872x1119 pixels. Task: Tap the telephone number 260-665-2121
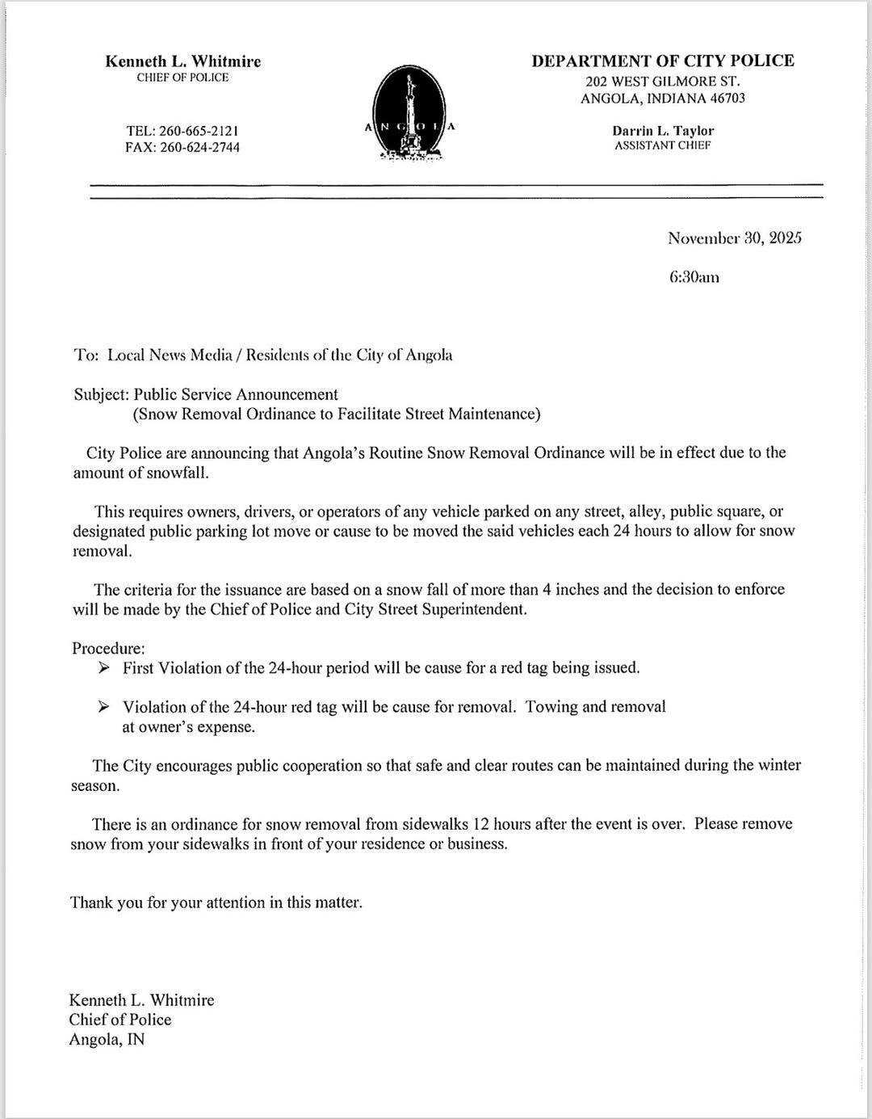(199, 130)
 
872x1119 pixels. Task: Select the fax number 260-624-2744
(199, 147)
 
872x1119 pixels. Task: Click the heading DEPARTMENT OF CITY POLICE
(662, 61)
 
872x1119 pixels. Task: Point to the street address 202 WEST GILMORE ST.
(662, 81)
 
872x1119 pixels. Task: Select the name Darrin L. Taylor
(663, 130)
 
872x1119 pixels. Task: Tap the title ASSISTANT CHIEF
(663, 145)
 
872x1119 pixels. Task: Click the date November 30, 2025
(734, 238)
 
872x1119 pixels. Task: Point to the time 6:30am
(694, 277)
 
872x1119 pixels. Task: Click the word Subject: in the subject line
(102, 394)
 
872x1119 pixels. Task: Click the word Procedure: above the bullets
(108, 648)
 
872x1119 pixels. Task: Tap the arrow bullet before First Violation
(103, 668)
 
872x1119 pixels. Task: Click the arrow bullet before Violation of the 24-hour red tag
(103, 707)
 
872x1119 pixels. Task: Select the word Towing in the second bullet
(551, 707)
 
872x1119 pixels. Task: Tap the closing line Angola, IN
(107, 1040)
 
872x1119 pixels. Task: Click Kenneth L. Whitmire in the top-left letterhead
(182, 61)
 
